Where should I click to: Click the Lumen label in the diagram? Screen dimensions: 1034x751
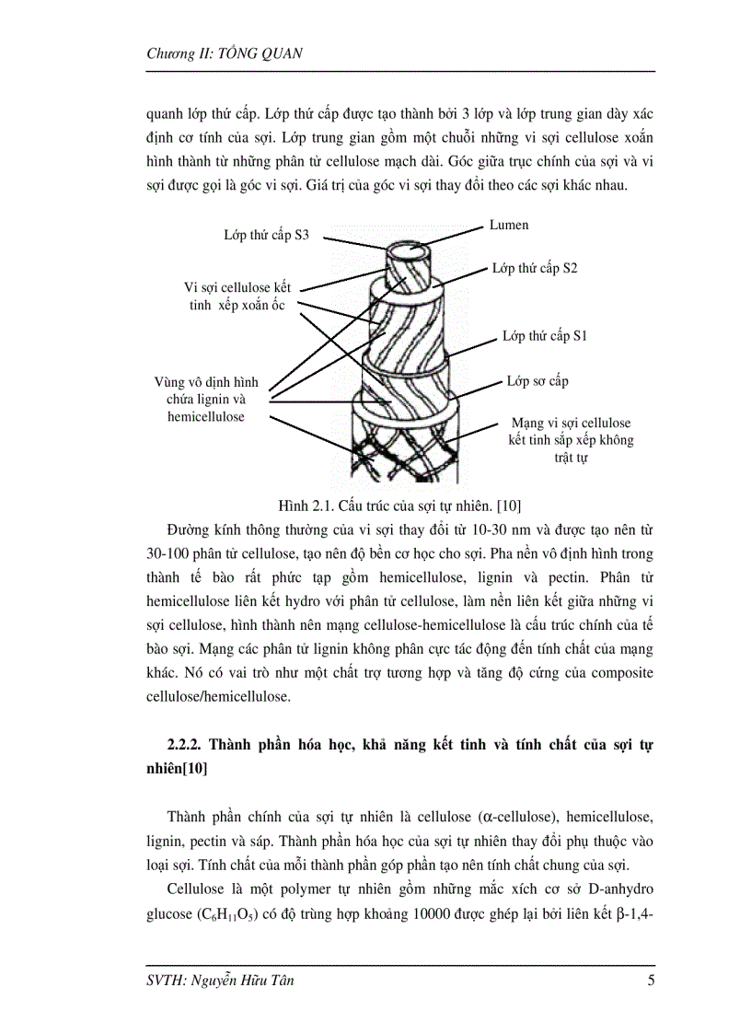click(x=508, y=225)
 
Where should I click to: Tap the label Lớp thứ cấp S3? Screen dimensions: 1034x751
click(x=266, y=235)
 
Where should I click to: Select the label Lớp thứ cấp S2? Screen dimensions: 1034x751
click(x=534, y=268)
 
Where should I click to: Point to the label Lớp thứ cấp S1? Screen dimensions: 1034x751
click(x=545, y=336)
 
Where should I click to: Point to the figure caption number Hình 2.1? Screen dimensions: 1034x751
click(x=306, y=505)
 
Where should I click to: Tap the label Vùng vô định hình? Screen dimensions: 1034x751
click(x=206, y=381)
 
